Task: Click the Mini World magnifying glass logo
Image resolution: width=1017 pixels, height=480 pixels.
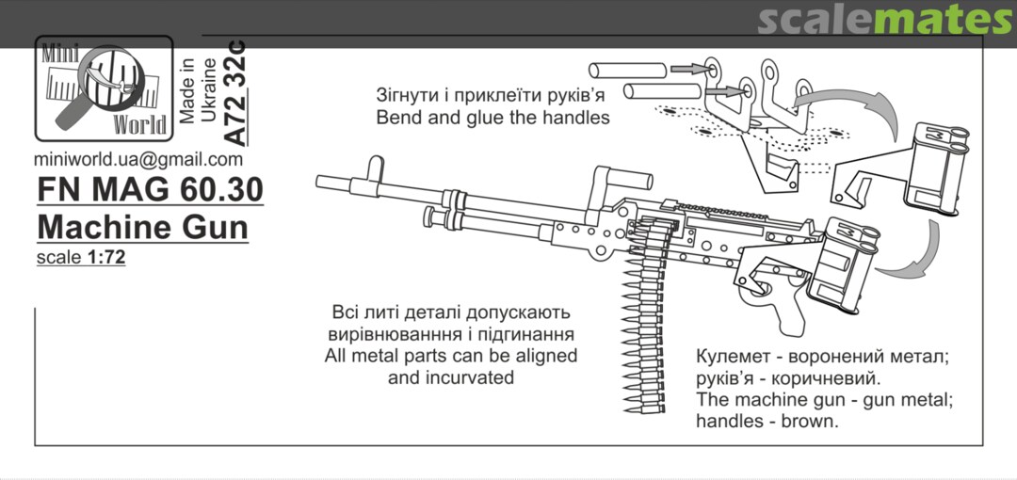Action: (104, 88)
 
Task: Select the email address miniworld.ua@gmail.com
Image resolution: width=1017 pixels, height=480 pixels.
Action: (137, 159)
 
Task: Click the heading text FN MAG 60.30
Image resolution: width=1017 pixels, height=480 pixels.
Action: (150, 190)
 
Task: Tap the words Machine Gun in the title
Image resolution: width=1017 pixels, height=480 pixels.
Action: (142, 227)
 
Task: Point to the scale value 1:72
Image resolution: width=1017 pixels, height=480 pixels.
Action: (105, 257)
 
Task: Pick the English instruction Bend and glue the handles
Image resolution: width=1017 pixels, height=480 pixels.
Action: (492, 119)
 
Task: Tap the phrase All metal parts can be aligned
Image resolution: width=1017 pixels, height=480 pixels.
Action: (450, 356)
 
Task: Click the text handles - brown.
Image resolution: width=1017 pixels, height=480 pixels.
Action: (767, 421)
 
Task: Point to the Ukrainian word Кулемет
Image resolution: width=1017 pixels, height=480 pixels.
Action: (734, 359)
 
